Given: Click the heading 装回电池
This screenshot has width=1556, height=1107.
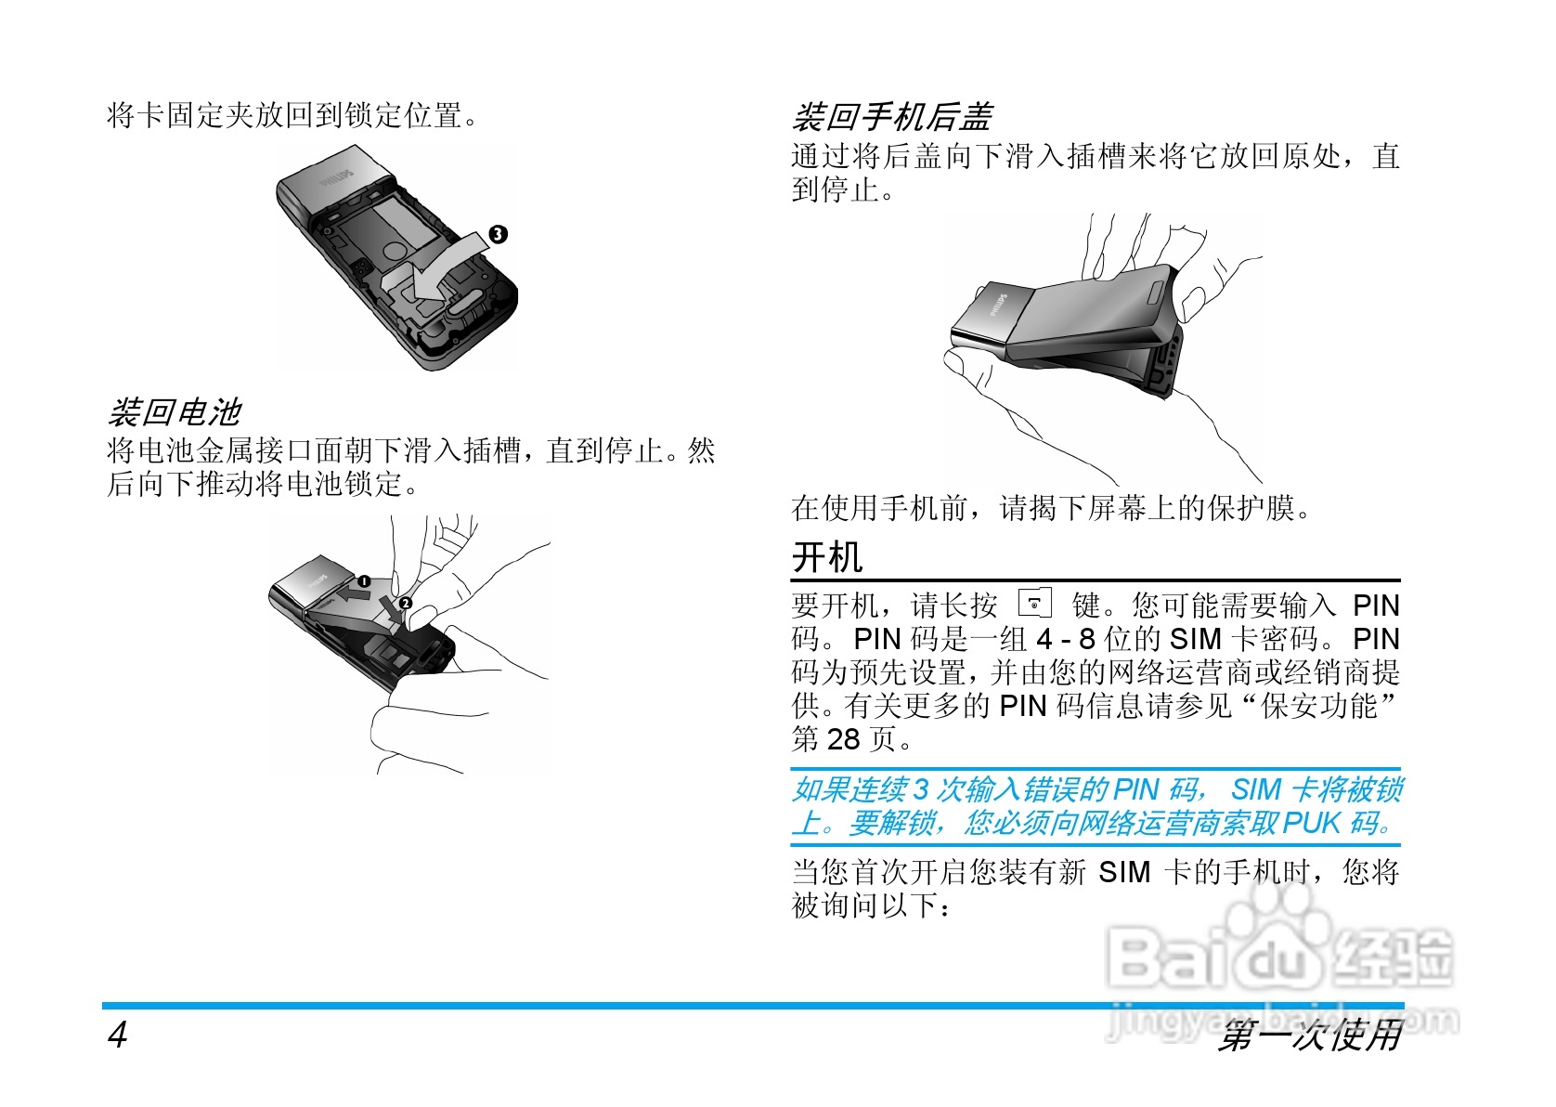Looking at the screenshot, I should click(x=175, y=410).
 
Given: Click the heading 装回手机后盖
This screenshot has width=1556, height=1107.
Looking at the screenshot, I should click(x=892, y=117).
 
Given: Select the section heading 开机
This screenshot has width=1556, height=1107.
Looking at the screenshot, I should click(x=827, y=557).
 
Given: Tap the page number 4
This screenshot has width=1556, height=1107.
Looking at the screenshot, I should click(x=117, y=1035).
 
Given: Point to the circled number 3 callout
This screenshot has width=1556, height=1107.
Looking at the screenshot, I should click(x=499, y=234).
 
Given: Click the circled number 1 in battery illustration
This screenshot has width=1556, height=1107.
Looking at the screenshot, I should click(x=365, y=581).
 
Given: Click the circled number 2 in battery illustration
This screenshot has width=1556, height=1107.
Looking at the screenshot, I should click(x=406, y=604).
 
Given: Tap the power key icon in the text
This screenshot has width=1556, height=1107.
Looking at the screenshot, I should click(x=1035, y=604).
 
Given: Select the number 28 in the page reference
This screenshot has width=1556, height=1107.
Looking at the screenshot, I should click(x=844, y=739).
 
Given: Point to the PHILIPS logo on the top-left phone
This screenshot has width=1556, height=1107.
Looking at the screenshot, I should click(x=337, y=178).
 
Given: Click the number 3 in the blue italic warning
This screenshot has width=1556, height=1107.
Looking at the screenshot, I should click(x=920, y=789).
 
